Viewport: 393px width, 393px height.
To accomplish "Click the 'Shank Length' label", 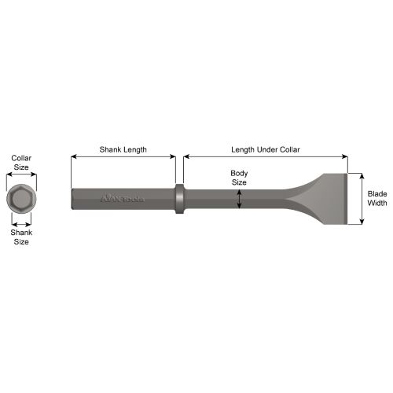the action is point(123,150).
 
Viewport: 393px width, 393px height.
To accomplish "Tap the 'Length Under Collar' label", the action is point(266,149).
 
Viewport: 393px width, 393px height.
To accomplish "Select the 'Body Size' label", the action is point(239,178).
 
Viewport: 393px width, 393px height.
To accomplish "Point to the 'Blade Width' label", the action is point(377,198).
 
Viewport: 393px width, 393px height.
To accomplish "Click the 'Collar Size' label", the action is point(21,163).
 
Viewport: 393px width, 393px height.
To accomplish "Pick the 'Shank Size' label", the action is point(21,237).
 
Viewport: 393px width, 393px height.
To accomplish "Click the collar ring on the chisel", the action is point(179,199).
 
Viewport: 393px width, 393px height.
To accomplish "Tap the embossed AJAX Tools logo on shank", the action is point(123,199).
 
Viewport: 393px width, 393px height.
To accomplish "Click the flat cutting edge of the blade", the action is point(347,199).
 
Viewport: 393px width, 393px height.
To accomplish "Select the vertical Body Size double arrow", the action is point(239,199).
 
